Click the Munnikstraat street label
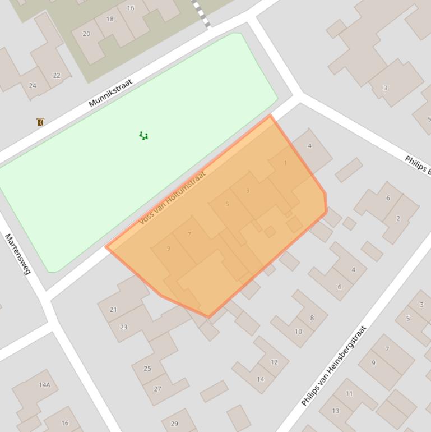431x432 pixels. click(x=110, y=93)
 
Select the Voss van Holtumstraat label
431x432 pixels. click(x=172, y=197)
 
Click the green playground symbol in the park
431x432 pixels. click(x=143, y=136)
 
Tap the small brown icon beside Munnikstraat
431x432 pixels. click(x=40, y=122)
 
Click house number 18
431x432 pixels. click(x=110, y=19)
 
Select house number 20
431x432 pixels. click(x=86, y=34)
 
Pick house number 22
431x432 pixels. click(x=57, y=76)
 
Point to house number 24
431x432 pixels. click(x=33, y=86)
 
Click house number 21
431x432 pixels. click(x=113, y=310)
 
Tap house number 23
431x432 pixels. click(x=123, y=327)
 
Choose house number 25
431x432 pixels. click(x=147, y=369)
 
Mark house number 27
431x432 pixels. click(x=157, y=389)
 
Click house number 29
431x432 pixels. click(x=174, y=424)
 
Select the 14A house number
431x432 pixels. click(x=44, y=385)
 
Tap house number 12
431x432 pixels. click(x=274, y=362)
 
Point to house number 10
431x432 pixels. click(x=298, y=332)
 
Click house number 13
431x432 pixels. click(x=335, y=411)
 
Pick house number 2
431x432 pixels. click(x=398, y=218)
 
